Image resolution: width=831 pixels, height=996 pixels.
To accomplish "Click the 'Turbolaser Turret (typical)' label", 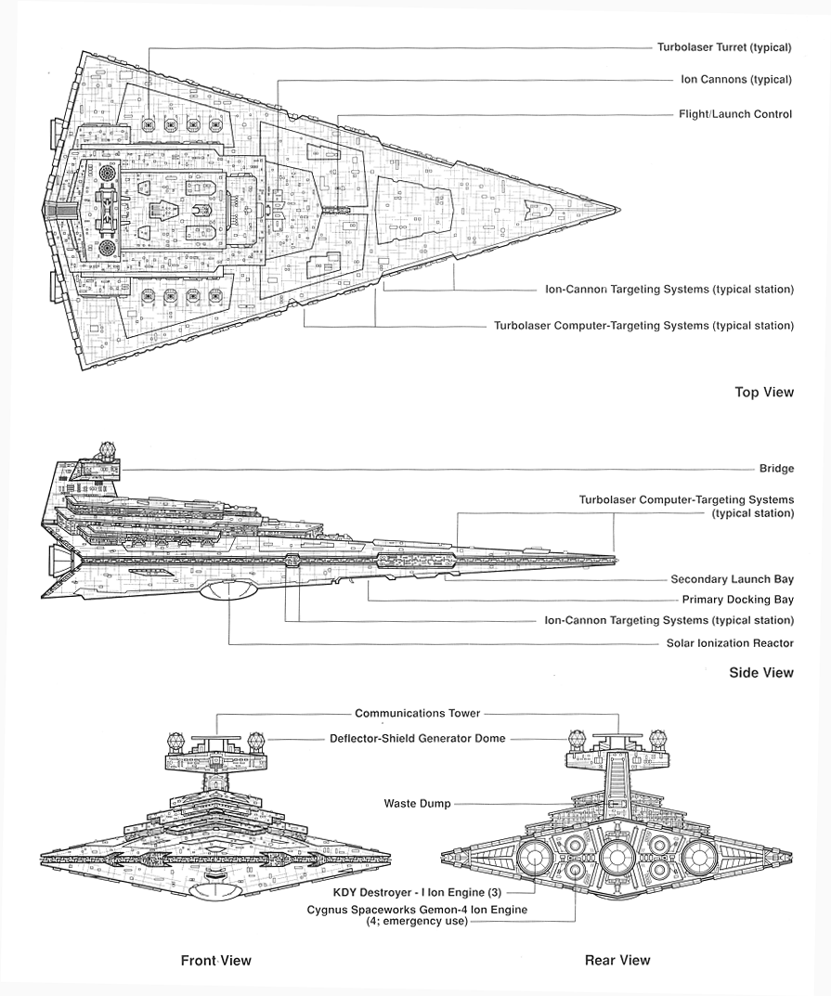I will [724, 47].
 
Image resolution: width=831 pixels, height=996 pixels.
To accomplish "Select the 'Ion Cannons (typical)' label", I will [736, 80].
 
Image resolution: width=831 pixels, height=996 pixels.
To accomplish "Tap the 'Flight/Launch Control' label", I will [735, 114].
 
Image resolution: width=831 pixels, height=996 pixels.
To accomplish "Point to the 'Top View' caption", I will [764, 393].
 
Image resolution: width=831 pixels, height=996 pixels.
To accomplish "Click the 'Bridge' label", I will [776, 470].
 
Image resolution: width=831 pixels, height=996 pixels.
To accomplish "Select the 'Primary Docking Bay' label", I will [737, 600].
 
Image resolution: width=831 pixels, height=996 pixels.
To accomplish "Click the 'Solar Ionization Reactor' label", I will [730, 643].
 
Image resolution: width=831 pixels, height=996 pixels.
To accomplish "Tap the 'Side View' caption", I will [761, 672].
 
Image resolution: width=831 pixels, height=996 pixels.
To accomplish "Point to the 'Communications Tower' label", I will [417, 714].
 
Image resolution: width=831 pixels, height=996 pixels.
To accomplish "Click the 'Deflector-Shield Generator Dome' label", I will [417, 739].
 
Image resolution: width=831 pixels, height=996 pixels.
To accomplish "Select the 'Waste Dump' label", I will [417, 804].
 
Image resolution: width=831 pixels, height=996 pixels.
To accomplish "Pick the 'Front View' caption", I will [215, 961].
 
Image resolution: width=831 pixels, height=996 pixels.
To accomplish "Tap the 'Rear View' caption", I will [617, 961].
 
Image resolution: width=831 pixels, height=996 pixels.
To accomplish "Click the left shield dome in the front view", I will [176, 742].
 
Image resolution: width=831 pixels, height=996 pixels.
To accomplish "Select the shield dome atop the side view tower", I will [108, 452].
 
